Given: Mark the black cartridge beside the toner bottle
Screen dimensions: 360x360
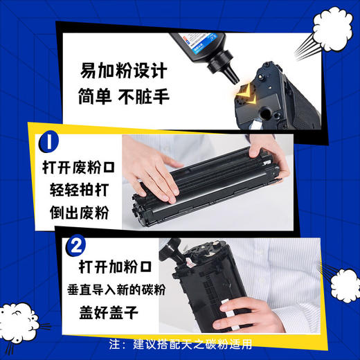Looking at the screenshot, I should pyautogui.click(x=280, y=97).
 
